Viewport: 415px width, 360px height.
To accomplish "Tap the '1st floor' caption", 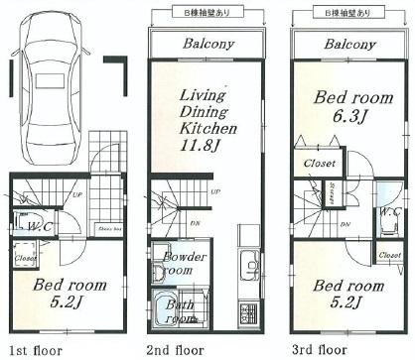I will click(x=35, y=350).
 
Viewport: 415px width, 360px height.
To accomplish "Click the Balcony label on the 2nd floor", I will click(x=207, y=45).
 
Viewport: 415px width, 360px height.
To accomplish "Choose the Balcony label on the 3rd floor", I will click(x=349, y=45).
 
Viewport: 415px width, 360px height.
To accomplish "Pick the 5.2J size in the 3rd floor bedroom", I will click(x=347, y=303).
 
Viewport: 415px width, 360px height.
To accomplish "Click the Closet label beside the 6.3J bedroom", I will click(x=319, y=163).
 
